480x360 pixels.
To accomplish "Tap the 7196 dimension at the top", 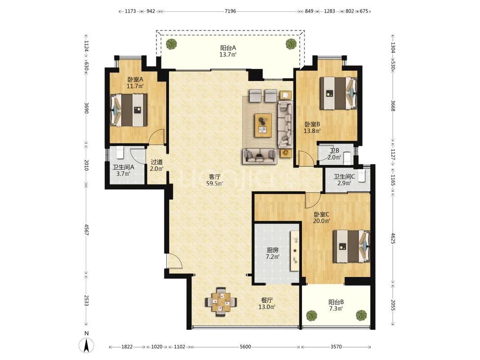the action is pyautogui.click(x=230, y=11).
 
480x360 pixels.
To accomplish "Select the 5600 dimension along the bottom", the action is pyautogui.click(x=245, y=347).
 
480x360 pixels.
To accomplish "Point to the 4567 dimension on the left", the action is pyautogui.click(x=87, y=229).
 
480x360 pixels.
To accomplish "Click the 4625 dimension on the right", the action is pyautogui.click(x=393, y=238).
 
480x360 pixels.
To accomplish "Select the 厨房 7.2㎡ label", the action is pyautogui.click(x=272, y=253).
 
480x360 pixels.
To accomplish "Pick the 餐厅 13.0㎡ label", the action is pyautogui.click(x=267, y=304).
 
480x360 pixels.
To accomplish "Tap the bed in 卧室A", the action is pyautogui.click(x=129, y=110).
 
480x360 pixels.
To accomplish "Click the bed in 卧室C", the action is pyautogui.click(x=352, y=247).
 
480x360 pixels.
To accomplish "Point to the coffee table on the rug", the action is pyautogui.click(x=263, y=125).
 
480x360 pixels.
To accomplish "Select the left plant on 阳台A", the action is pyautogui.click(x=171, y=44).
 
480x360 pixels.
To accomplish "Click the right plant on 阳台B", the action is pyautogui.click(x=361, y=315).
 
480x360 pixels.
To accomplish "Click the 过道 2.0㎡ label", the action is pyautogui.click(x=156, y=165).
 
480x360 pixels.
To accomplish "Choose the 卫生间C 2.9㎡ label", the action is pyautogui.click(x=344, y=180).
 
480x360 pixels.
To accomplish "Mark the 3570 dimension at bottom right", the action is pyautogui.click(x=336, y=347).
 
